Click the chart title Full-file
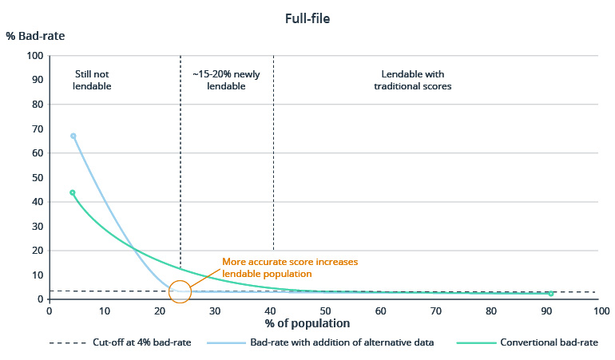coord(307,18)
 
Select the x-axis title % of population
coord(308,324)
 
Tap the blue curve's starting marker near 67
coord(73,136)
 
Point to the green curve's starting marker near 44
coord(73,192)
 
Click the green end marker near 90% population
coord(551,294)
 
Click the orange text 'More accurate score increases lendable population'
coord(290,267)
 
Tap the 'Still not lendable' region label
coord(93,80)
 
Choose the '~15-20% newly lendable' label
coord(226,80)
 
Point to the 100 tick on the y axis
coord(34,56)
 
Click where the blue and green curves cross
coord(134,250)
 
